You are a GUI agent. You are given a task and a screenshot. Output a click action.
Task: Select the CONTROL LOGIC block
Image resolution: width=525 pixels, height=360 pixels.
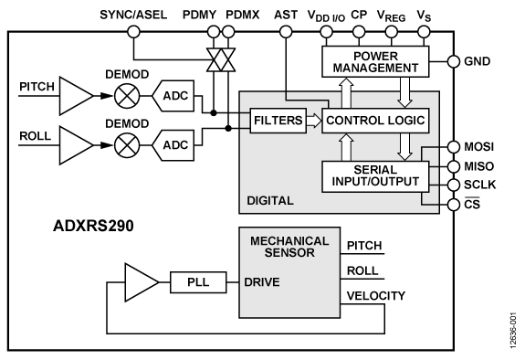(x=374, y=120)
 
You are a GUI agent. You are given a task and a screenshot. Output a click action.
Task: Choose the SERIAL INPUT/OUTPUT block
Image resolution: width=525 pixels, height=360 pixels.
(x=374, y=175)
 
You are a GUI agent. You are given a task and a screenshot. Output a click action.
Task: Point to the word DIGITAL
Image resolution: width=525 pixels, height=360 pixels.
(x=270, y=199)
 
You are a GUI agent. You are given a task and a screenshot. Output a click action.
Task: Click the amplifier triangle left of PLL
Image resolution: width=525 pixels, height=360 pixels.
(x=141, y=282)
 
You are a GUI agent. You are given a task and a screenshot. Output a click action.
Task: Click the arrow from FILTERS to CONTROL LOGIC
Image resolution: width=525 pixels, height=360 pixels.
(x=313, y=120)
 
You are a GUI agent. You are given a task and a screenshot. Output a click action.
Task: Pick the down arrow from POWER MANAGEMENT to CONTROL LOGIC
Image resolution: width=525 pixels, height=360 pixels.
(x=404, y=91)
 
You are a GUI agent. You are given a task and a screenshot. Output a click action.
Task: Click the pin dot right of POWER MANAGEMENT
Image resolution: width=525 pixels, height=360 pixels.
(x=454, y=62)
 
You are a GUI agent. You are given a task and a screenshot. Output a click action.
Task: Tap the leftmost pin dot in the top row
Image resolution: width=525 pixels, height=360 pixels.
(x=133, y=32)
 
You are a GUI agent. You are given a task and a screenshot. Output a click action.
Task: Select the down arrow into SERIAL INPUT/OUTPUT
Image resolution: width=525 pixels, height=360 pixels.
(x=404, y=146)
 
